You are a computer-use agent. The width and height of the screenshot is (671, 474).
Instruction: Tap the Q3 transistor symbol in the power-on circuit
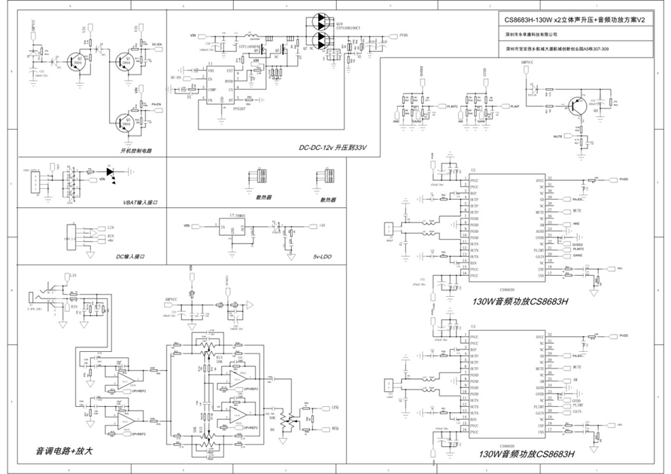125,121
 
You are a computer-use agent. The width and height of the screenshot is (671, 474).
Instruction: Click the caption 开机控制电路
136,151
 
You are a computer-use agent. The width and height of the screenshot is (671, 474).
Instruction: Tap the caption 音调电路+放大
65,451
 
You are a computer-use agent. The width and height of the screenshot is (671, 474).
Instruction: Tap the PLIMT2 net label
453,107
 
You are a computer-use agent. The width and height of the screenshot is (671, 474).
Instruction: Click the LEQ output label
335,407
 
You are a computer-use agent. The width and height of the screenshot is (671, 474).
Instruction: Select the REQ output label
335,429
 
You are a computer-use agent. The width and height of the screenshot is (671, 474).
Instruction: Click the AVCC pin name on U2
539,180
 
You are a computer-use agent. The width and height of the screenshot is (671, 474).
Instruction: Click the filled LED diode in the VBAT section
112,172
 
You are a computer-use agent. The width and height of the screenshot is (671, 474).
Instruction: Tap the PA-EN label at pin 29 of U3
578,355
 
